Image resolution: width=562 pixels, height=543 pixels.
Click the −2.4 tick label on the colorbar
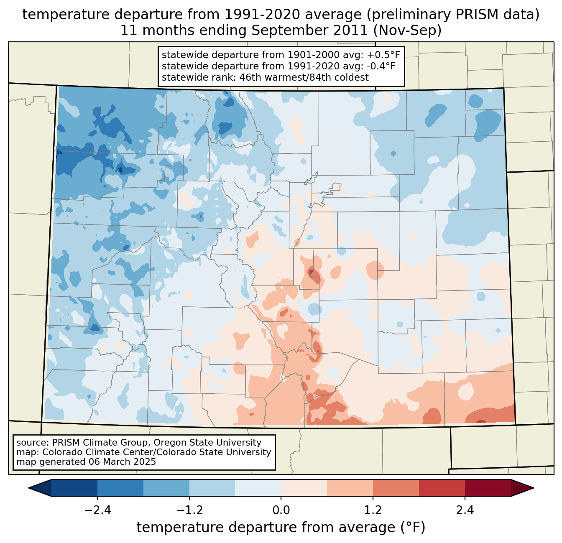97,510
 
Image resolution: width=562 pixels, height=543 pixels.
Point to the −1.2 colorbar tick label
189,510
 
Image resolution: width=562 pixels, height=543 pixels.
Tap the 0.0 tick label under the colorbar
281,510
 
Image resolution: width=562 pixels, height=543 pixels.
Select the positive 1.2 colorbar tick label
373,510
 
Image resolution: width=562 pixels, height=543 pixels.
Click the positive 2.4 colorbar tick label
465,510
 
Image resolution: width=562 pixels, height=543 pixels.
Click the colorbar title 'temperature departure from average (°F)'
281,528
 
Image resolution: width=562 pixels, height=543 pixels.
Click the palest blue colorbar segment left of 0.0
258,488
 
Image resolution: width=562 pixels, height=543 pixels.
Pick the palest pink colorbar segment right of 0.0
304,488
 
